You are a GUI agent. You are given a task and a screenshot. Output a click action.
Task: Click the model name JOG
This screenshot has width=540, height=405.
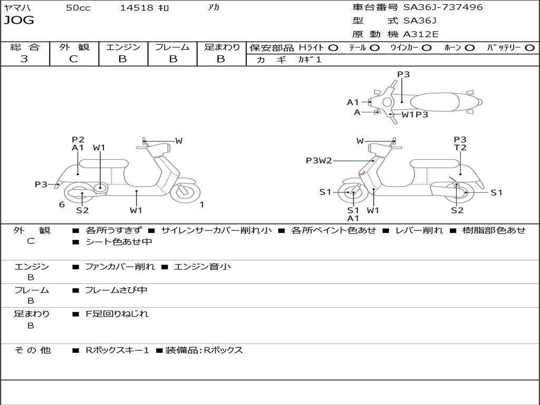coord(19,21)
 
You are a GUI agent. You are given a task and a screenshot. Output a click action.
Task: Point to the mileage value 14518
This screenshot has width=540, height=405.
coord(137,8)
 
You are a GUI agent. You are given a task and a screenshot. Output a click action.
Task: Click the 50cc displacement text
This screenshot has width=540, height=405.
coord(78,8)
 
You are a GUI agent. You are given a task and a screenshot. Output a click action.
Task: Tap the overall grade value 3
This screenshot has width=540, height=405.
coord(24,59)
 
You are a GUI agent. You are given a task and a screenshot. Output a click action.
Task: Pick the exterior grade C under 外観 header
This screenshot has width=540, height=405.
coord(74,59)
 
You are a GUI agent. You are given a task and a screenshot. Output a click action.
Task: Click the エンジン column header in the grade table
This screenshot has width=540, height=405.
coord(123,47)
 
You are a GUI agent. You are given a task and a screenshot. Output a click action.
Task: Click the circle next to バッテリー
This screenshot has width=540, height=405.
coord(529,48)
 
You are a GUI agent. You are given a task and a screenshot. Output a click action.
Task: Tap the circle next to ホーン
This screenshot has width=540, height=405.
coord(470,48)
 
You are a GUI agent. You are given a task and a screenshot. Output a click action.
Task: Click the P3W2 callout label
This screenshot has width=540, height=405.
coord(319,161)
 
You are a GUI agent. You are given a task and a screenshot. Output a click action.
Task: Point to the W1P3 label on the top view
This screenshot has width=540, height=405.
coord(415,114)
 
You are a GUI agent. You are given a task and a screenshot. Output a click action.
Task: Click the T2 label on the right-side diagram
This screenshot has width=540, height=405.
coord(460,148)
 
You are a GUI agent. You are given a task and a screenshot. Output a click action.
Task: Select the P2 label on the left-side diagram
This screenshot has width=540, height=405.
coord(78,140)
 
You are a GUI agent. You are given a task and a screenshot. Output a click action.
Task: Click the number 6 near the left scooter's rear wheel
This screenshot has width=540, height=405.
coord(62,205)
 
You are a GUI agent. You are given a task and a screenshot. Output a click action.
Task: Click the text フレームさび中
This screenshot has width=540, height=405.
coord(116,290)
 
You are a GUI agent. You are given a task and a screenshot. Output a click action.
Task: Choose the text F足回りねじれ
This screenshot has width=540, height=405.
coord(117,314)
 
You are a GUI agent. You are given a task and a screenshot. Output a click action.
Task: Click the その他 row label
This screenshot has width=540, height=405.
coord(32,350)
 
